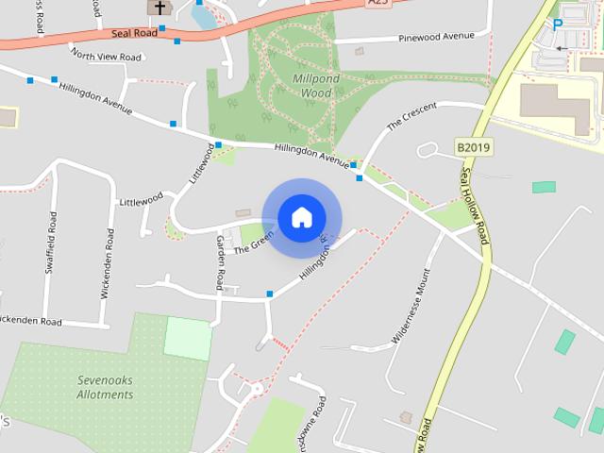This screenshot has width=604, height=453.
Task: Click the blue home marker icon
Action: coord(301,218)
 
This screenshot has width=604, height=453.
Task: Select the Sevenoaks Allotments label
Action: coord(105,388)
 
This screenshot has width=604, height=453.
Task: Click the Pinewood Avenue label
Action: coord(436,37)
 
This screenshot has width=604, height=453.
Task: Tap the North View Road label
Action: coord(106,58)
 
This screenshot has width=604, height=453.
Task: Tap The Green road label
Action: coord(252,244)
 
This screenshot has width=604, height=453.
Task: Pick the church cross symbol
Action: coord(159,8)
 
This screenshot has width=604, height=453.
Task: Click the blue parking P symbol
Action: coord(557,24)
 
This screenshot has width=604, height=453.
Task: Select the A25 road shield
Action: coord(377,4)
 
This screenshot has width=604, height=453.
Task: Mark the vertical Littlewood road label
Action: coord(200,166)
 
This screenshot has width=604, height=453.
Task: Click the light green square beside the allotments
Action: coord(188,338)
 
